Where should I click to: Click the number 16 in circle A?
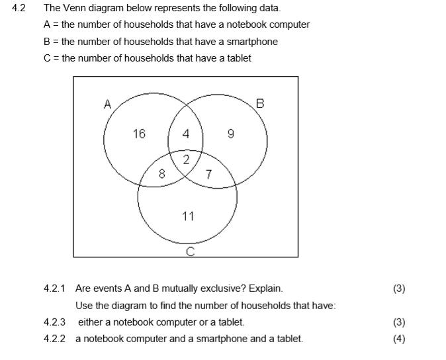[x=139, y=134]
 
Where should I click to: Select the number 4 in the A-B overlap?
[x=186, y=134]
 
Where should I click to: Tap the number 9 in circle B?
[x=230, y=134]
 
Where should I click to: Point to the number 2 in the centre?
[x=186, y=159]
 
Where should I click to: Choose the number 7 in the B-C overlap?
[x=208, y=175]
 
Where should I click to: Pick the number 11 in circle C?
[x=188, y=216]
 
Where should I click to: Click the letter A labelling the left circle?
[x=107, y=103]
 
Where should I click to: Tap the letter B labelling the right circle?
[x=259, y=103]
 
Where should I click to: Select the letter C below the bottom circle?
[x=190, y=251]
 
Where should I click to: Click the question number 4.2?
[x=19, y=9]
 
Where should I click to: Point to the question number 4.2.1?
[x=54, y=289]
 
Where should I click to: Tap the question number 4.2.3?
[x=54, y=322]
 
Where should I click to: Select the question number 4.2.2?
[x=54, y=339]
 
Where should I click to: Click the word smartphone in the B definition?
[x=252, y=42]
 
